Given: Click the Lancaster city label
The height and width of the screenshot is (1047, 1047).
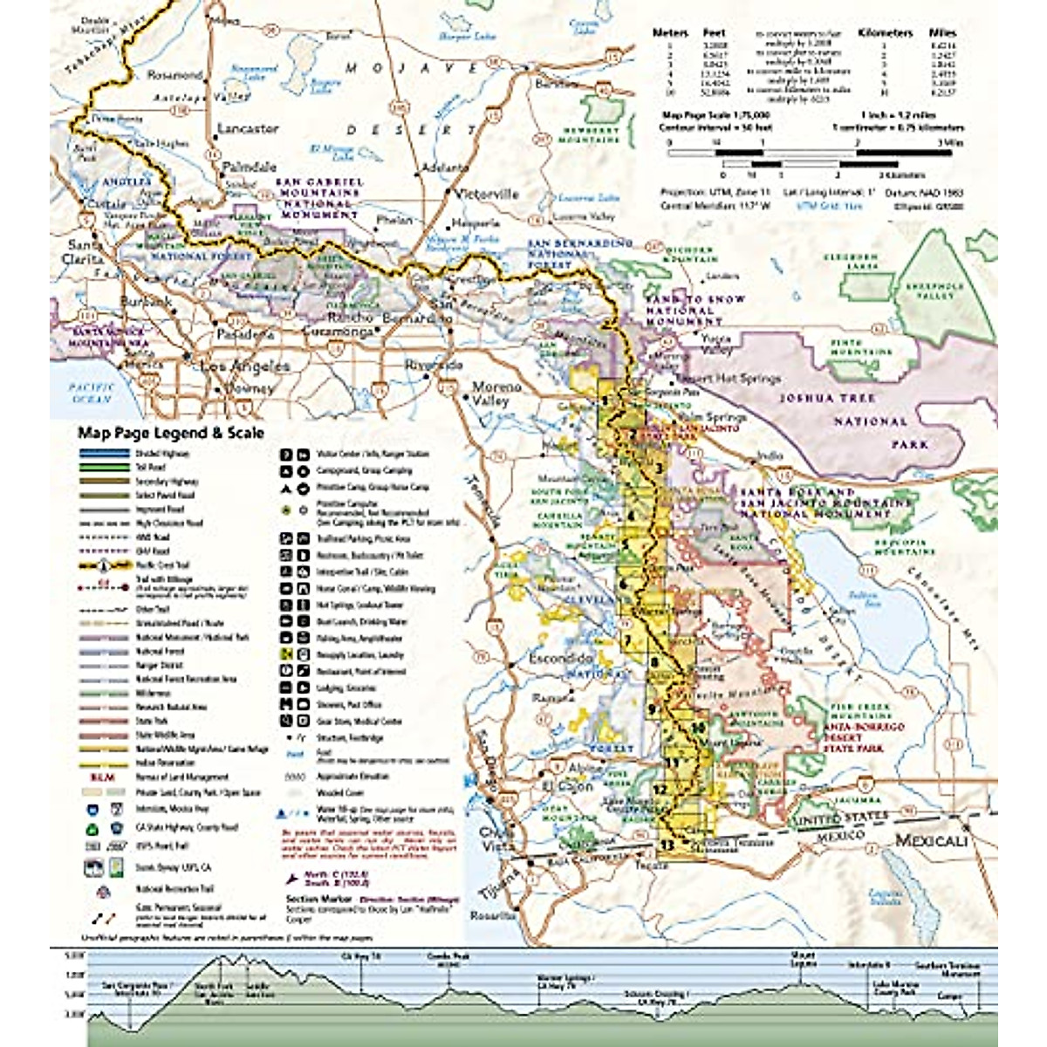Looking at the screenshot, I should [248, 128].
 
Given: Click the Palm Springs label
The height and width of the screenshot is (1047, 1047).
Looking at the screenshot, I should [714, 418].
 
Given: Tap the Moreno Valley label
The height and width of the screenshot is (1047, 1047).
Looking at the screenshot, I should [496, 393].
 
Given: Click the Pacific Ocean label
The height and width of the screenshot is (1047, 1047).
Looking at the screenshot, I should [93, 393].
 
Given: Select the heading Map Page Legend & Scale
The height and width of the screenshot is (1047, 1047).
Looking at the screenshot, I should [171, 433].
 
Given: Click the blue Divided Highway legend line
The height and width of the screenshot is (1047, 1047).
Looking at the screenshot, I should [104, 454].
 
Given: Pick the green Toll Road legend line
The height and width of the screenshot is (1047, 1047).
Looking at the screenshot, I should [104, 468].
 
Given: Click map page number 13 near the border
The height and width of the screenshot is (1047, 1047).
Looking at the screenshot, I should [667, 845].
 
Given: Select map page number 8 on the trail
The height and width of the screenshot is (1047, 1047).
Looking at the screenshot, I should [654, 662].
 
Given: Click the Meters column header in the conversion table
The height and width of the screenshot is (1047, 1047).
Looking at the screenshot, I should [670, 32].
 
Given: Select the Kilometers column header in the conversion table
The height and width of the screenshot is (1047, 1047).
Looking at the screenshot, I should [885, 32].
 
